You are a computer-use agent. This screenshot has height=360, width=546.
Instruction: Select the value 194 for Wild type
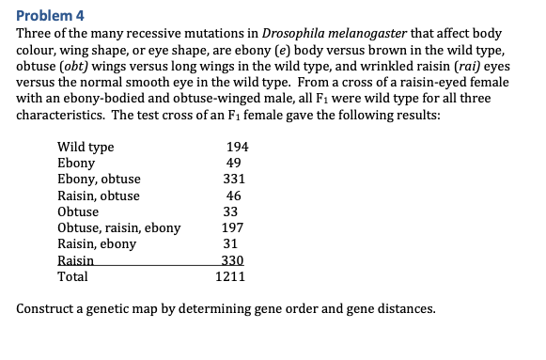[238, 147]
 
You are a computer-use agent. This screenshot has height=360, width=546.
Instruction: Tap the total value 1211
[231, 277]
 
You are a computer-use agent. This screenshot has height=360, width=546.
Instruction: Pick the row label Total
[73, 277]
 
